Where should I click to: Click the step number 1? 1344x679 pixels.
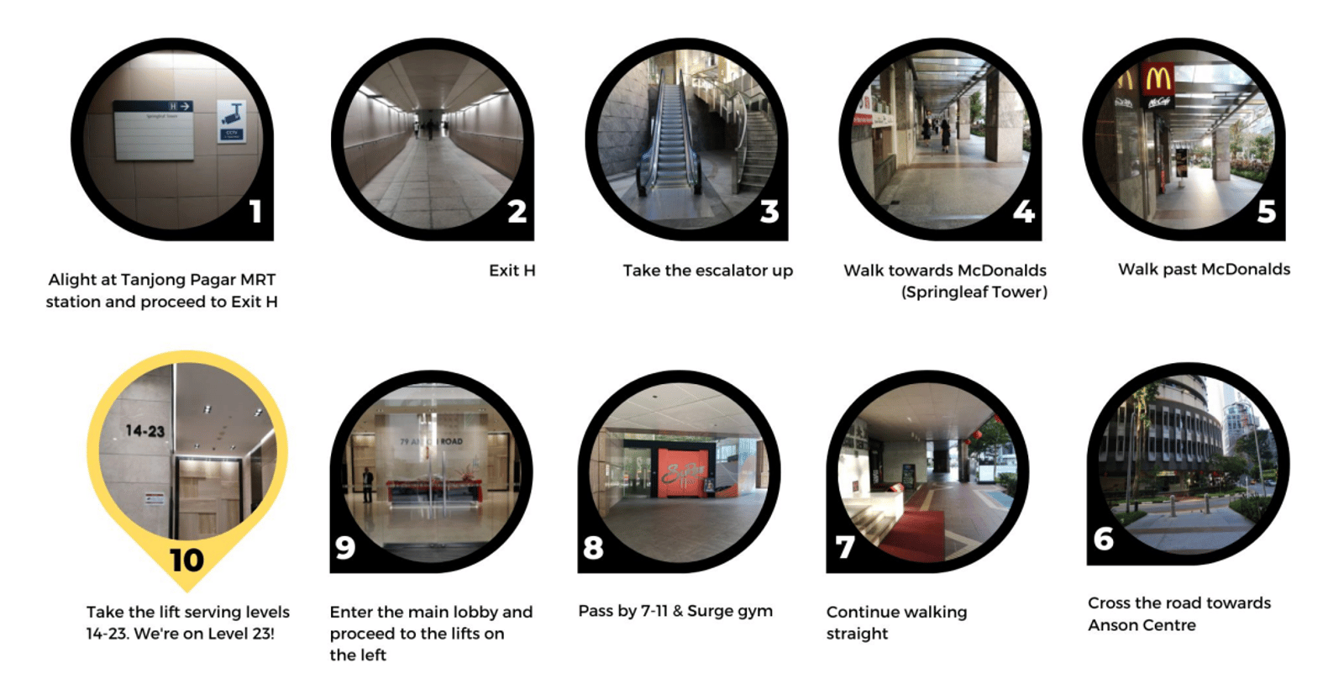tap(256, 211)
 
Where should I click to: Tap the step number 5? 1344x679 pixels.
tap(1267, 211)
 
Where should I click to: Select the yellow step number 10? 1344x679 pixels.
tap(186, 561)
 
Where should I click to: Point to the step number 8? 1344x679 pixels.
tap(593, 548)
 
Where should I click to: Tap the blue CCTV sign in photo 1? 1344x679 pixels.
tap(232, 121)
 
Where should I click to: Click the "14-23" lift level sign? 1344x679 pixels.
tap(144, 430)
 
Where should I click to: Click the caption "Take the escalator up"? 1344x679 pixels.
tap(707, 271)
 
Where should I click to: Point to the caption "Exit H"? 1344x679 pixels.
tap(512, 271)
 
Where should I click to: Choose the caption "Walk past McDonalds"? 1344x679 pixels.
tap(1204, 270)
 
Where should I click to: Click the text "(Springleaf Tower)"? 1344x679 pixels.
tap(974, 292)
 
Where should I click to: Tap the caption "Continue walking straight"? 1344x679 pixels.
tap(896, 623)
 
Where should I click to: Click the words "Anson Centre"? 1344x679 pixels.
tap(1142, 625)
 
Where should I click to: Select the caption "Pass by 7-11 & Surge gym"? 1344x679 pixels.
tap(675, 611)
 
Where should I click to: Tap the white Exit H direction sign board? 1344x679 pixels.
tap(155, 130)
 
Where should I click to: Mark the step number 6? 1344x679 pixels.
tap(1104, 539)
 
